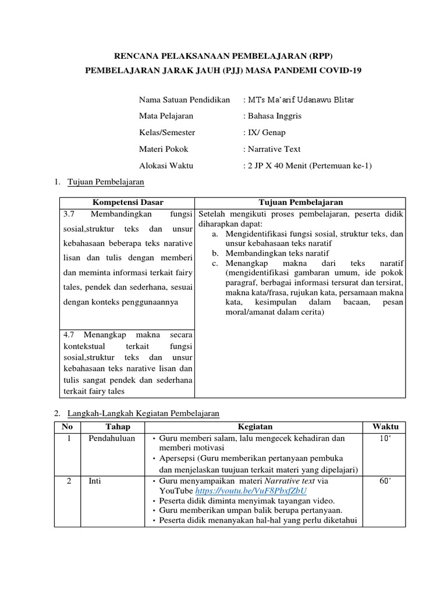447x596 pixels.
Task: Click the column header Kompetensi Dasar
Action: [x=126, y=202]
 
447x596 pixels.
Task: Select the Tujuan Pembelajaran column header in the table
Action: [x=300, y=202]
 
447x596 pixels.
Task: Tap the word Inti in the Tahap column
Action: [x=95, y=481]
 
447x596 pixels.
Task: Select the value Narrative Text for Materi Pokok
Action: [x=274, y=149]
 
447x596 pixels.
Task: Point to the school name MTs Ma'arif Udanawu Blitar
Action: [x=300, y=100]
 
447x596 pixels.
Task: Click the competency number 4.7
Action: [x=70, y=335]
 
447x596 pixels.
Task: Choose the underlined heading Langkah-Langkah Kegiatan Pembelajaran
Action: [x=144, y=413]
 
